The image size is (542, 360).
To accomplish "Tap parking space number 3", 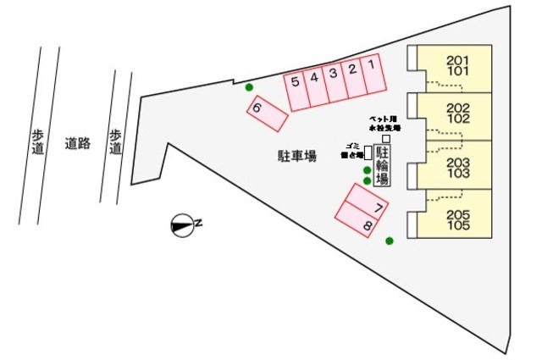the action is coord(334,82).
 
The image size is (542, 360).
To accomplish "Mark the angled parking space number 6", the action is coord(267,114).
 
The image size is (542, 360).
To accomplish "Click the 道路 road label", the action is coord(77,143).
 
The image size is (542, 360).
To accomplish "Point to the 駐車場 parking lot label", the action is coord(297,156).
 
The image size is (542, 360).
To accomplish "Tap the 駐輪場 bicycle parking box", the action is coord(382,165).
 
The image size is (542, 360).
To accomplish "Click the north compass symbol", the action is coord(182,224).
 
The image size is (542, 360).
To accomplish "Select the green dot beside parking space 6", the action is coord(248,87).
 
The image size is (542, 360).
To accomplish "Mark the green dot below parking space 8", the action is coord(390,241).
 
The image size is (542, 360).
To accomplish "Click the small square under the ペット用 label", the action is coord(385,138).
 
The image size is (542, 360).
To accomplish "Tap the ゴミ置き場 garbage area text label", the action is coord(351,150).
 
